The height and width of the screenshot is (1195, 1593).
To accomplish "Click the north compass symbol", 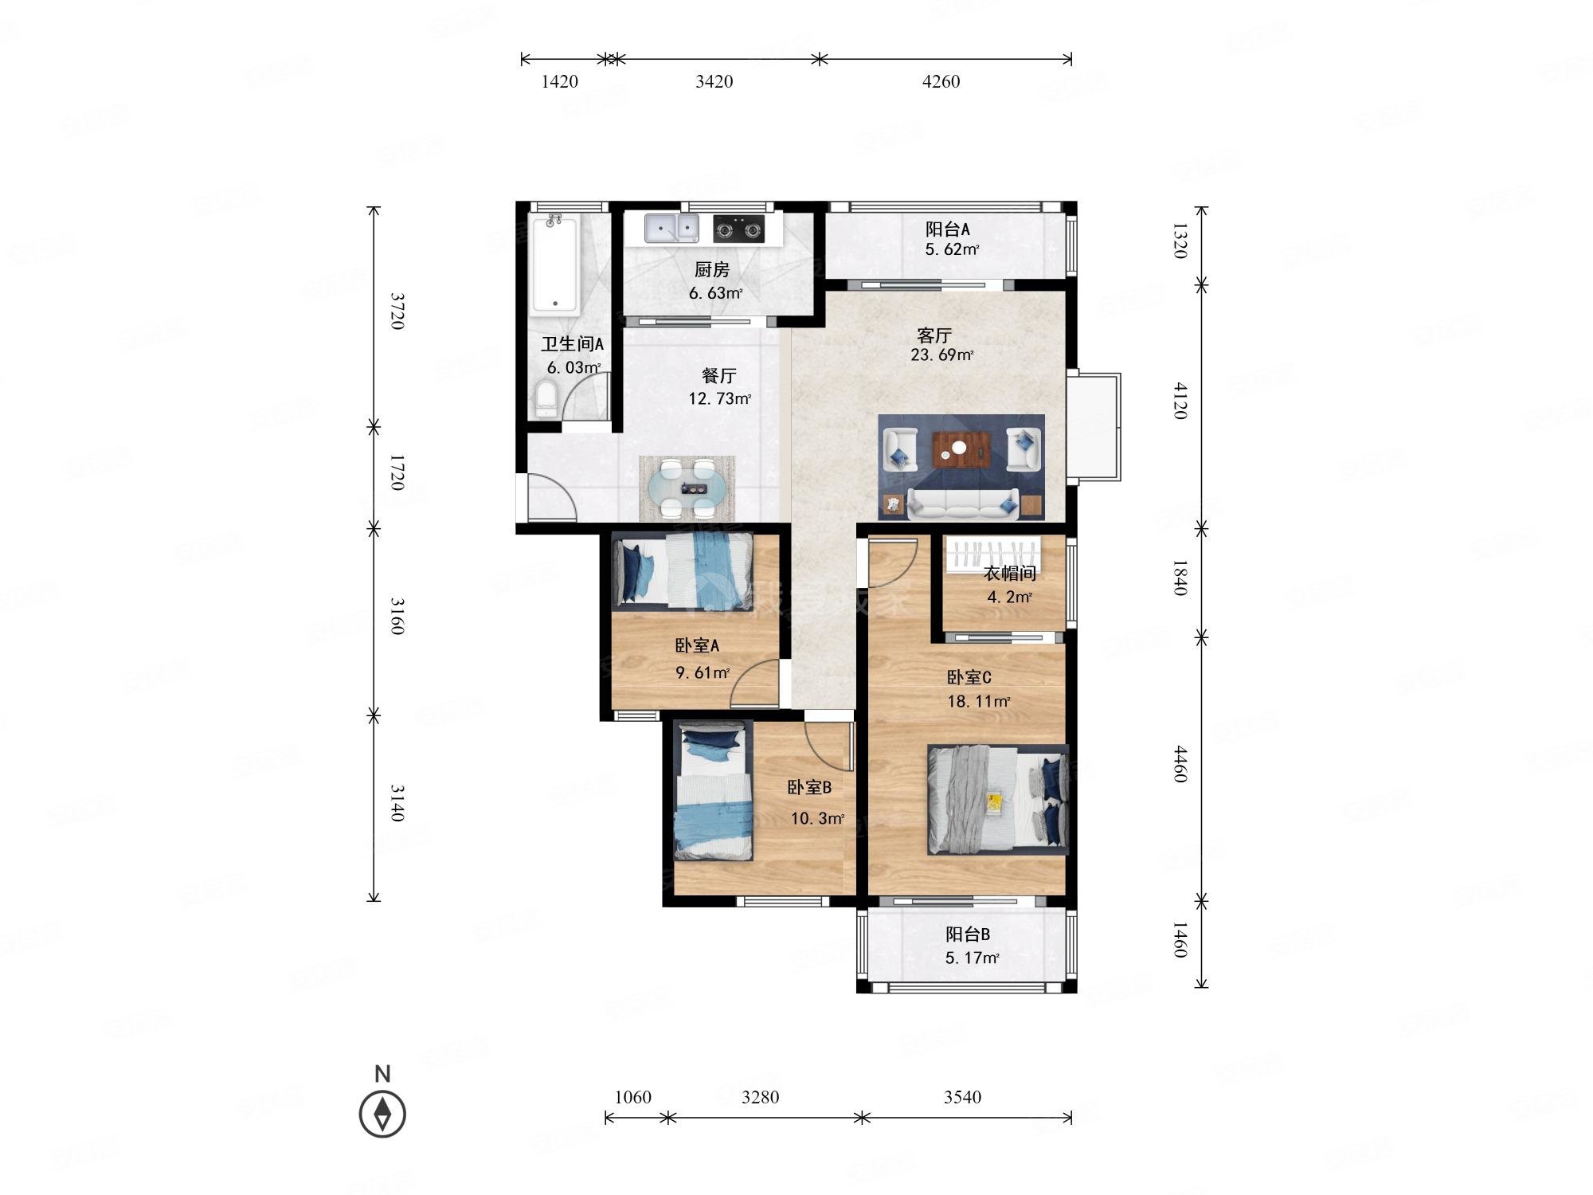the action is click(x=382, y=1113).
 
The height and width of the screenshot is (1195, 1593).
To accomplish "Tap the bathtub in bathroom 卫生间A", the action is click(x=556, y=264).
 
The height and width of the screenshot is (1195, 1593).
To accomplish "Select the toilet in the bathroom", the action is click(x=546, y=399).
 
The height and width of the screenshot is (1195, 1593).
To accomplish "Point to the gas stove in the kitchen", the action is click(x=738, y=229).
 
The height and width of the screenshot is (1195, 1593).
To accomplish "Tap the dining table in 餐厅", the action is click(x=687, y=488).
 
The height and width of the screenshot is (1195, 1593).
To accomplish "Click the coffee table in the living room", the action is click(x=959, y=450).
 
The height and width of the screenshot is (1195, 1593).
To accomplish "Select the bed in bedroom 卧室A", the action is click(x=683, y=571).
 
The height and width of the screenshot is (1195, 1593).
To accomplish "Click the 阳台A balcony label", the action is click(x=948, y=229).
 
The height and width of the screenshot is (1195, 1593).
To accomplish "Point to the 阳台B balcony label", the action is click(x=968, y=934).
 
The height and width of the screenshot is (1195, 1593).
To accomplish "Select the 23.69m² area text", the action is click(x=942, y=355).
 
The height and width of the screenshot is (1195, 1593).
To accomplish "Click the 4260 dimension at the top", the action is click(x=941, y=81).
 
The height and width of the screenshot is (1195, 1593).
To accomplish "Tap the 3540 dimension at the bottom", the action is click(x=963, y=1097).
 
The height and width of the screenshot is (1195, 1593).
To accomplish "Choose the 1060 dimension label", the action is click(x=633, y=1097).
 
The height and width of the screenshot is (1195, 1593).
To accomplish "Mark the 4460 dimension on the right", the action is click(x=1180, y=764).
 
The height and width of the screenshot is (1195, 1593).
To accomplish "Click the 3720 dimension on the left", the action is click(x=397, y=311).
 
